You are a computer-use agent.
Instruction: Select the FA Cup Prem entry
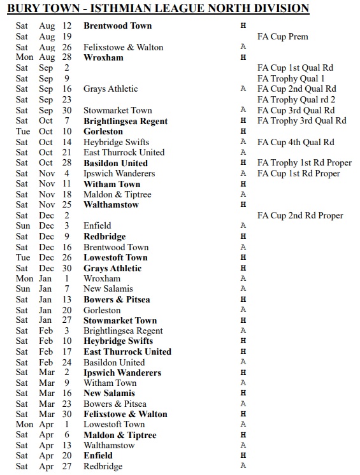tap(282, 36)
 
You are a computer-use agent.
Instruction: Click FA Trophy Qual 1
tap(291, 78)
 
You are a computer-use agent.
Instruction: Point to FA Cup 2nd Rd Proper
tap(300, 215)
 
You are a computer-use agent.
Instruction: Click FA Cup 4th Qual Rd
tap(296, 142)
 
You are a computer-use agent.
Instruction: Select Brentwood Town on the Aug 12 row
tap(117, 26)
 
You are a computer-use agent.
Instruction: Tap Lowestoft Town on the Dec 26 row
tap(115, 258)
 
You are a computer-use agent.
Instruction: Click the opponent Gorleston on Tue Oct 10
tap(103, 131)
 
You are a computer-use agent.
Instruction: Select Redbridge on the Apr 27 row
tap(103, 466)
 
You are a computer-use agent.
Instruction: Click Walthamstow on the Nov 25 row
tap(111, 205)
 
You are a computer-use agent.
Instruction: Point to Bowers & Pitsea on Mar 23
tap(115, 404)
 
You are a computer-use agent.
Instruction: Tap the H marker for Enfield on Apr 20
tap(243, 456)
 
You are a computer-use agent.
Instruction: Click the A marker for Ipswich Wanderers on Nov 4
tap(243, 173)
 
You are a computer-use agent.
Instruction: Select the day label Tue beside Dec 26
tap(22, 258)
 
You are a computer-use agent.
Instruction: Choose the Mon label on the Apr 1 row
tap(24, 425)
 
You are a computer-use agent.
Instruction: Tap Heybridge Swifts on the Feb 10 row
tap(118, 341)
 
